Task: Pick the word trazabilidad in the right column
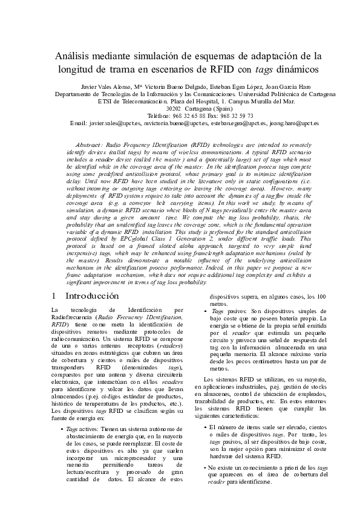227,401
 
